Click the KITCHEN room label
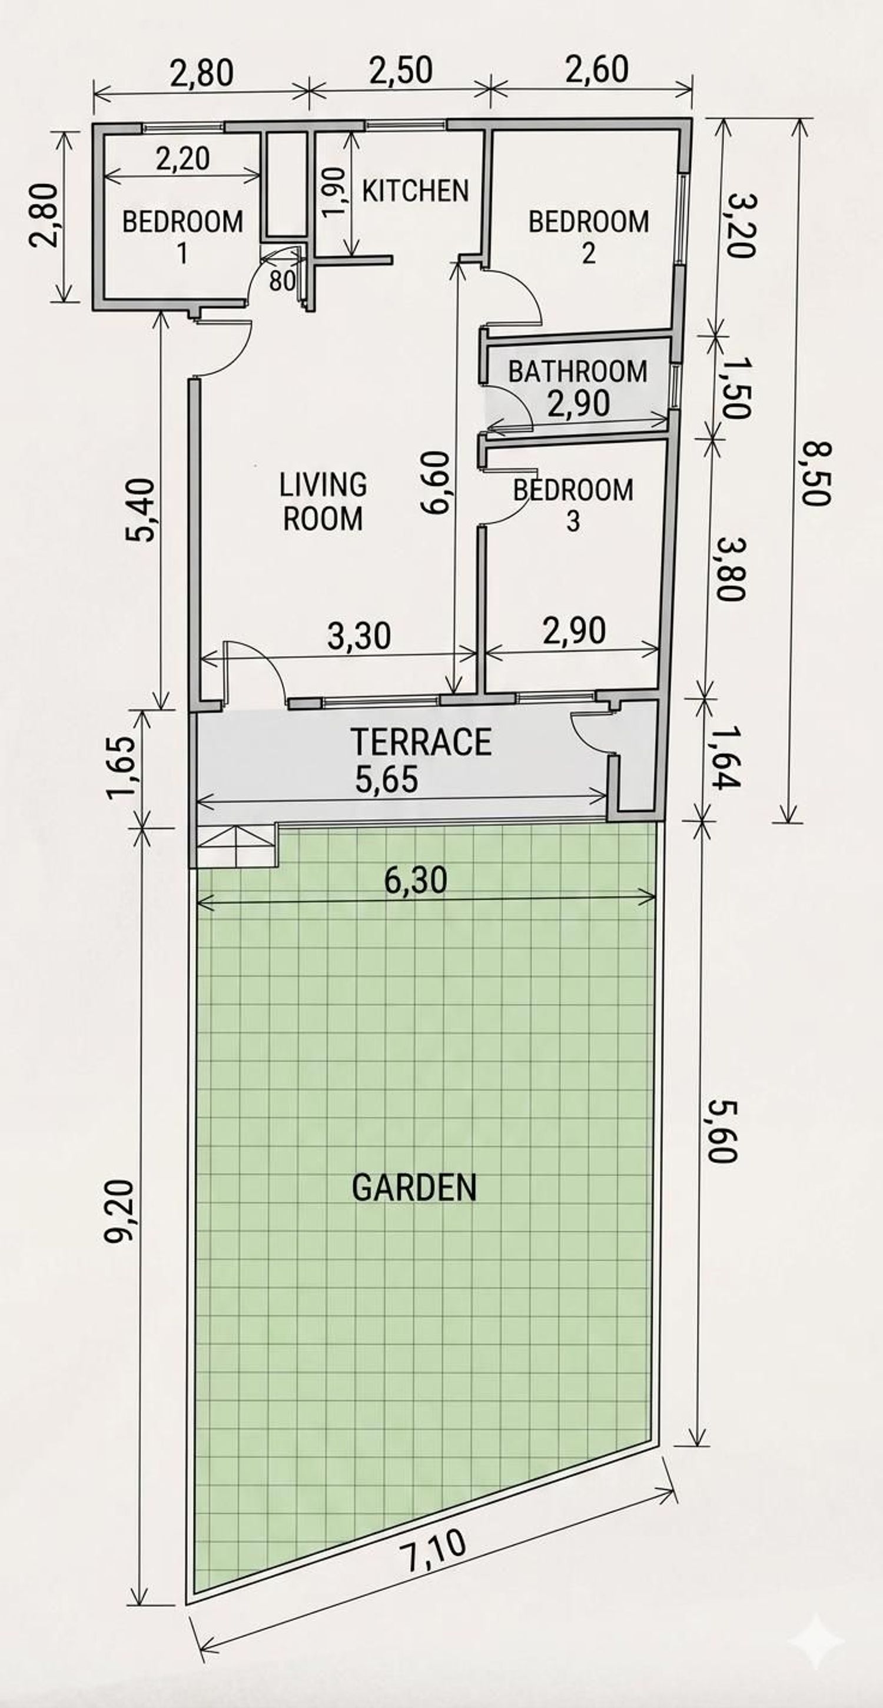415,191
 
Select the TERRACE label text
421,742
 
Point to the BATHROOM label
578,371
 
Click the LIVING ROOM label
323,502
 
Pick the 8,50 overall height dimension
815,472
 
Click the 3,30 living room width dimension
359,636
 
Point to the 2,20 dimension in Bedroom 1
182,159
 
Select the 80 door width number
283,281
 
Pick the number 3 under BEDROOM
573,522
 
